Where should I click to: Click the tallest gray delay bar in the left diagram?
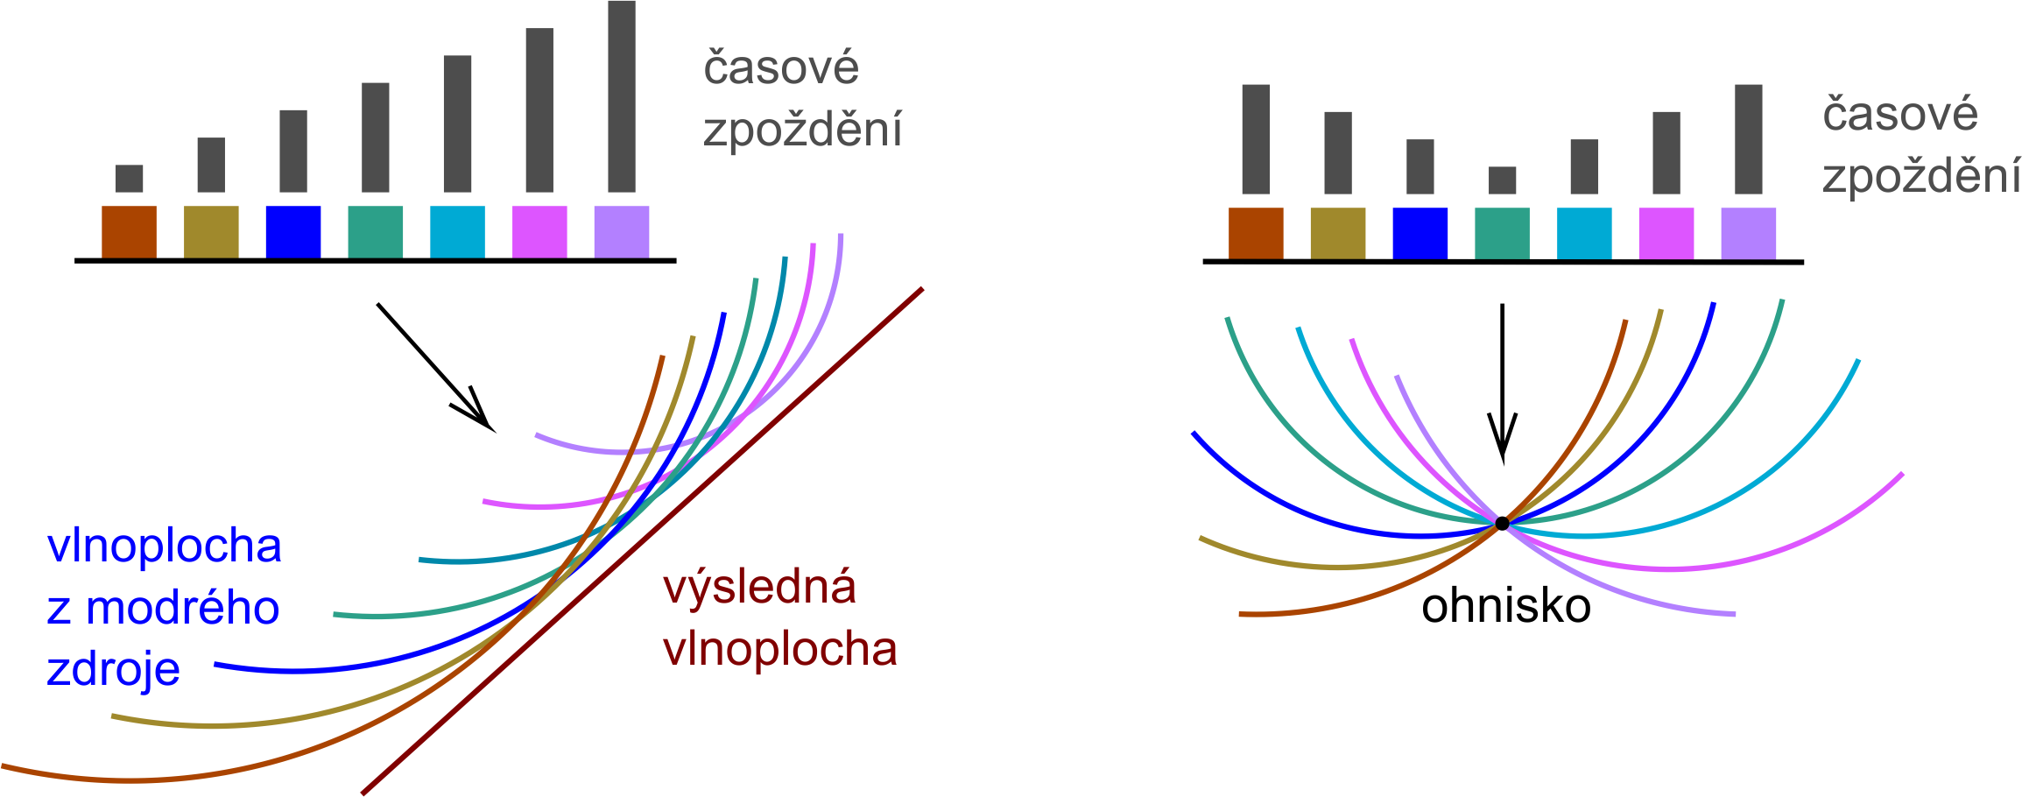click(622, 96)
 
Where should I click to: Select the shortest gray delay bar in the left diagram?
click(129, 179)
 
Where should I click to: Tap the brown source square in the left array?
click(129, 232)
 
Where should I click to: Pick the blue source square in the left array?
click(292, 232)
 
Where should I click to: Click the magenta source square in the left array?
click(539, 232)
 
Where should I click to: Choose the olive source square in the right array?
click(1338, 234)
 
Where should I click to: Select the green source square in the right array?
click(1502, 234)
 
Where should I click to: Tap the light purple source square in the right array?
click(1748, 234)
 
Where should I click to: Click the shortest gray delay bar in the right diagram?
click(1502, 180)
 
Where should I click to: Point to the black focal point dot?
click(1502, 524)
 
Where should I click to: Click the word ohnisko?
click(1505, 606)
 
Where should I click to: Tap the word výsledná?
click(759, 589)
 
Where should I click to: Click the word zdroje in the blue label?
click(113, 670)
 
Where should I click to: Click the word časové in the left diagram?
click(780, 68)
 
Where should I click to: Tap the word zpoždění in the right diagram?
click(1921, 177)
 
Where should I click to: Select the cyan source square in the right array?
click(1584, 234)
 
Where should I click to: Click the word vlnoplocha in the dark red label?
click(779, 650)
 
